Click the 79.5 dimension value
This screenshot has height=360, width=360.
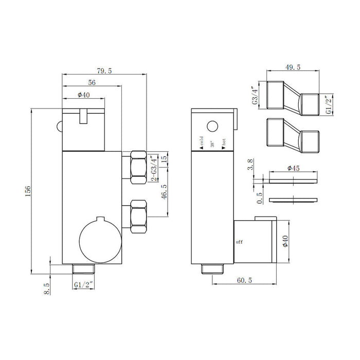point(104,71)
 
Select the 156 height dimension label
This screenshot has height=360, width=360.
point(28,191)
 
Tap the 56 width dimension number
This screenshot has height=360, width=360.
point(92,82)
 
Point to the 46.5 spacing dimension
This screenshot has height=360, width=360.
point(164,191)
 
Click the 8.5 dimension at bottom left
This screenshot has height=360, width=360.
point(46,289)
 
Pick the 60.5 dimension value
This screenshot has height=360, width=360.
point(244,280)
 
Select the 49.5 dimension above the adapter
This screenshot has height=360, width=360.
point(293,67)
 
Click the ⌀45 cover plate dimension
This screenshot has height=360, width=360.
point(294,168)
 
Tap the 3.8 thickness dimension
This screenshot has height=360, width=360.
point(250,164)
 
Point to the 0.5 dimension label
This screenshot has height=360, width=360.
point(259,198)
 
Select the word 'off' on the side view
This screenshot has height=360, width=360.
point(239,242)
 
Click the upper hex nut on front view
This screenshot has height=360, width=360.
point(138,167)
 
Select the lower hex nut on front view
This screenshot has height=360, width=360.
point(138,217)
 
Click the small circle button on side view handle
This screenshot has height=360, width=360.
point(212,127)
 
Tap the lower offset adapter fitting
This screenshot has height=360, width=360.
point(293,135)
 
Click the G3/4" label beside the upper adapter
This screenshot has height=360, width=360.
point(255,96)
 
